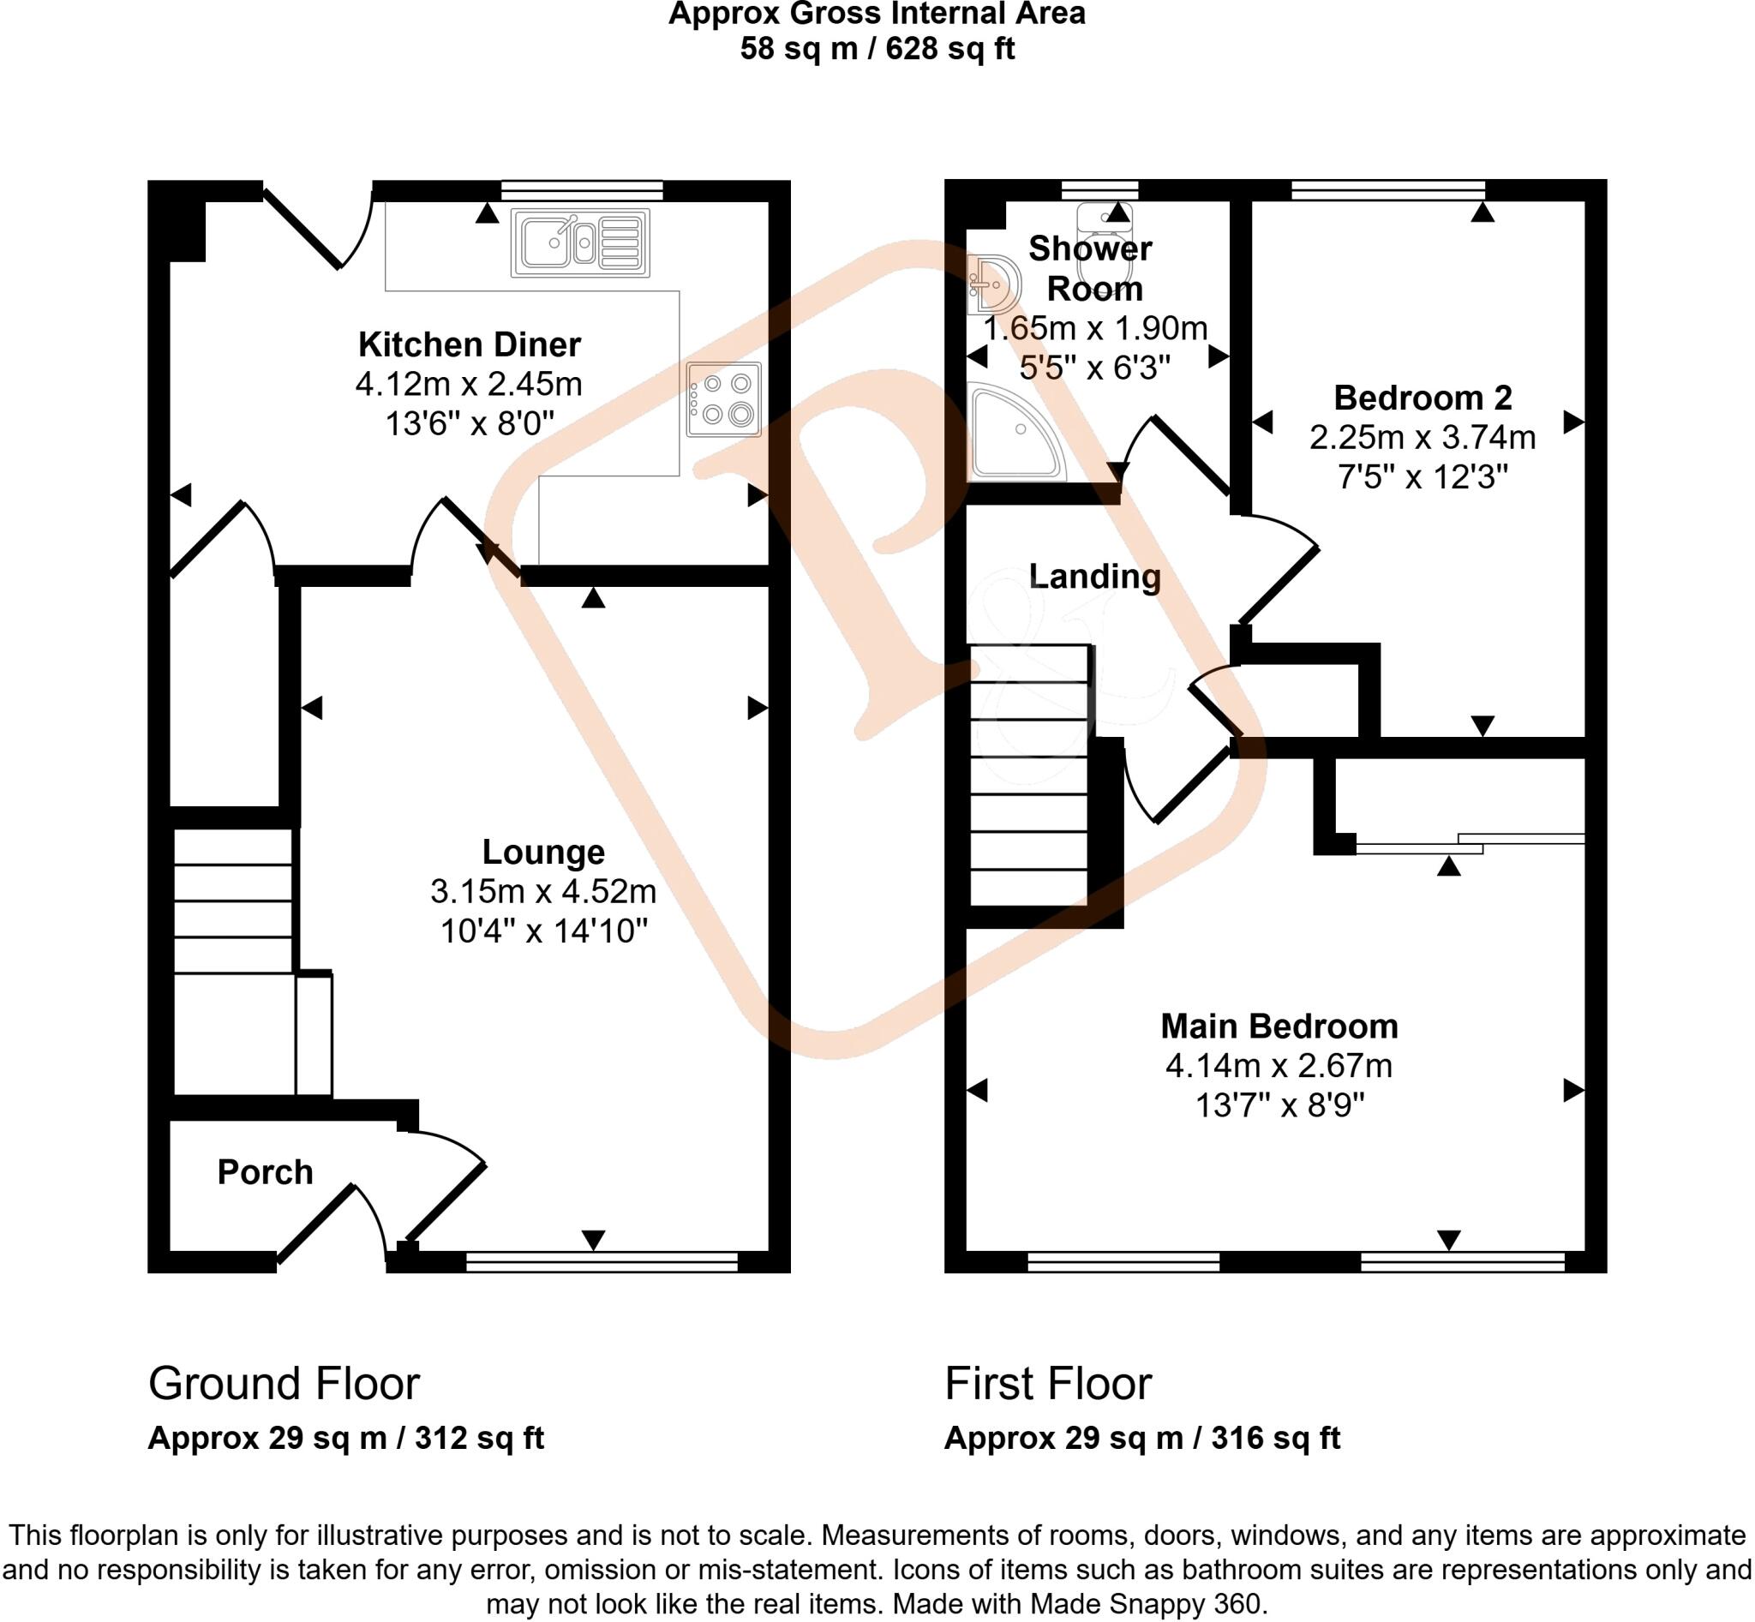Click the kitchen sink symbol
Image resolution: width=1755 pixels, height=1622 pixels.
coord(579,243)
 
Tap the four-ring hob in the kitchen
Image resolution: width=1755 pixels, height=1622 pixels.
coord(723,399)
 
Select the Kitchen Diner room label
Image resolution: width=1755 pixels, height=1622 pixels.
coord(469,345)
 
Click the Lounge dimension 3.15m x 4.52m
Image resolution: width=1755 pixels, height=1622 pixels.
coord(542,892)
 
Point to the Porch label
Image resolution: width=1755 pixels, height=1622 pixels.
coord(264,1173)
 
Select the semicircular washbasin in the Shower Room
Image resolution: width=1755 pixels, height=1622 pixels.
coord(996,285)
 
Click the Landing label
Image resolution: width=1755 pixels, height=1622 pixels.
coord(1094,577)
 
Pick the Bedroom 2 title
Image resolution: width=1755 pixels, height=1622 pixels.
coord(1423,398)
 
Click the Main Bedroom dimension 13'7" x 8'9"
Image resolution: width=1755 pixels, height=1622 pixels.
coord(1279,1105)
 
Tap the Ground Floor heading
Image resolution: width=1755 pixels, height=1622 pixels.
coord(284,1384)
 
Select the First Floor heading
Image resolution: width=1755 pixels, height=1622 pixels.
coord(1047,1384)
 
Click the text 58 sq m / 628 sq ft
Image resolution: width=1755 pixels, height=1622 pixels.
coord(876,48)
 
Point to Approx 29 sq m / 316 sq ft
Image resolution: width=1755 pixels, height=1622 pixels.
coord(1141,1439)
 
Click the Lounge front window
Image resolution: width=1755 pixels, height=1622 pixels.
coord(602,1262)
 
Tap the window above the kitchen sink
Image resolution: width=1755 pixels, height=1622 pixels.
coord(581,190)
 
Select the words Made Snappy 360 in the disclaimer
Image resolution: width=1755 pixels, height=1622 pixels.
coord(1146,1605)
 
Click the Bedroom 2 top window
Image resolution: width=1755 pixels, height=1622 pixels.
coord(1387,189)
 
